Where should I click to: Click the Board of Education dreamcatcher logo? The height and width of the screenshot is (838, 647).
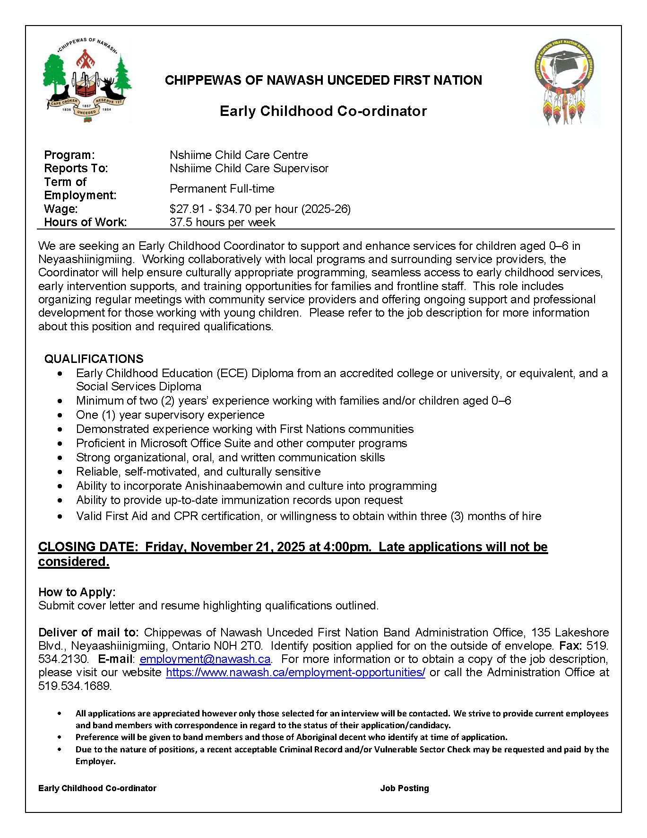[x=565, y=81]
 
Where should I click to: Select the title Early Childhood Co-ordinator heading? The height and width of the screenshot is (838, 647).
[x=323, y=111]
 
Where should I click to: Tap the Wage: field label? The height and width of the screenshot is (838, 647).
[x=61, y=209]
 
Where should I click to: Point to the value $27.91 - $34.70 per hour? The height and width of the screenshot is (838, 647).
[x=260, y=209]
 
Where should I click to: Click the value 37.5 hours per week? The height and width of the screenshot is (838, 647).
[x=222, y=222]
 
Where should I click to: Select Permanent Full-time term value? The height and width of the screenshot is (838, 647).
[x=222, y=189]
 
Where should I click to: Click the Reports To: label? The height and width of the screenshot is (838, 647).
[x=76, y=168]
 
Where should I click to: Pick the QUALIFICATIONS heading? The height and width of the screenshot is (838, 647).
[x=94, y=359]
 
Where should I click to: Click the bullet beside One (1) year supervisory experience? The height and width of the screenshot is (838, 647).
[x=60, y=415]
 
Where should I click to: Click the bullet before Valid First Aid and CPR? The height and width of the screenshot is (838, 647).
[x=60, y=517]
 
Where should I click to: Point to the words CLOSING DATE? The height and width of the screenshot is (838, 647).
[x=88, y=547]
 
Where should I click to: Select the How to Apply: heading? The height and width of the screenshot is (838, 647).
[x=77, y=592]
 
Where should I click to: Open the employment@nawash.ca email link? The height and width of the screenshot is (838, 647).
[x=205, y=659]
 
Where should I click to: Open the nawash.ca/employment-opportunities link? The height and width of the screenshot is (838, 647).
[x=295, y=672]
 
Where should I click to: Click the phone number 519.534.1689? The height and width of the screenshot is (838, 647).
[x=75, y=686]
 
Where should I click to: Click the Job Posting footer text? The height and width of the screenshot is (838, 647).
[x=405, y=788]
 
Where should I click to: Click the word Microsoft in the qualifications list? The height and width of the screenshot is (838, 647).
[x=164, y=443]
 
